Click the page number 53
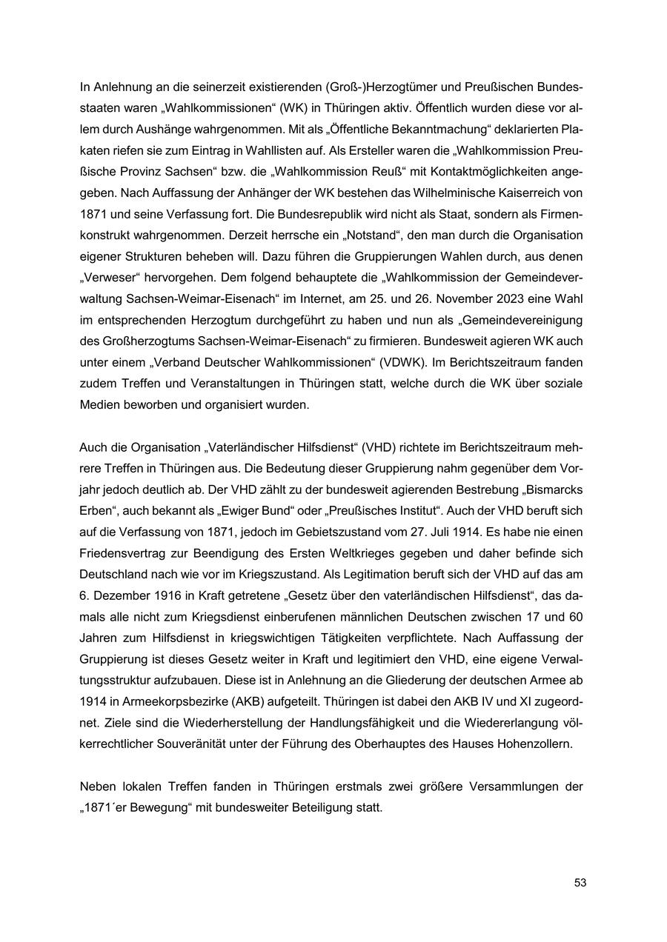[580, 883]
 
